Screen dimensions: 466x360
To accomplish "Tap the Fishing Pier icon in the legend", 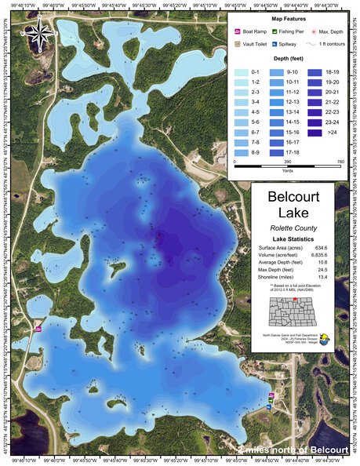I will click(x=276, y=31).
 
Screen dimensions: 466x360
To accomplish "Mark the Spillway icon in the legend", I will click(x=276, y=45).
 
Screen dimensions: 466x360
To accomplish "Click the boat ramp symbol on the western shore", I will click(x=38, y=328).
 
